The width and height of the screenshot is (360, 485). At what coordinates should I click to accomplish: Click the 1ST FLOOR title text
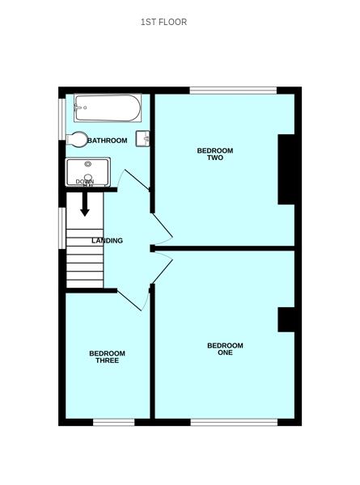pos(163,22)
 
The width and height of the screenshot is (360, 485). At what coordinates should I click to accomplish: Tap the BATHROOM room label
pos(108,141)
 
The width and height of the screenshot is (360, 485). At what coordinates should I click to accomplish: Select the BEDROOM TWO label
pos(214,154)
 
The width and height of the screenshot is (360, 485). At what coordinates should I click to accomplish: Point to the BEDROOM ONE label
pos(225,349)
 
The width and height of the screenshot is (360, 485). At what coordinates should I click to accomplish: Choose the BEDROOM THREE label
pos(107,356)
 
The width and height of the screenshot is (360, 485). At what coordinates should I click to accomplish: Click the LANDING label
pos(107,241)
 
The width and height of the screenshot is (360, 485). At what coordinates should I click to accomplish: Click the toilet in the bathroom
pos(78,140)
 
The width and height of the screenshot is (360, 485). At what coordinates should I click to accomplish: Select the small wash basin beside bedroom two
pos(144,138)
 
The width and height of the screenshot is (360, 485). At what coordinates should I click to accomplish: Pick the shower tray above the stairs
pos(87,171)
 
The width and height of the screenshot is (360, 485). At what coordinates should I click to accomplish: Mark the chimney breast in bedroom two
pos(286,169)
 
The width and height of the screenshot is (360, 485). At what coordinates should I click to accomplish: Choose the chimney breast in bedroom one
pos(286,319)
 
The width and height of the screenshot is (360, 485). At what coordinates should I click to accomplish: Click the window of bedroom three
pos(113,422)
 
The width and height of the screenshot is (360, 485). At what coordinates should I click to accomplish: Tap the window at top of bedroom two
pos(234,90)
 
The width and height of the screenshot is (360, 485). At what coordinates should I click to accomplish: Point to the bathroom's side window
pos(61,119)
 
